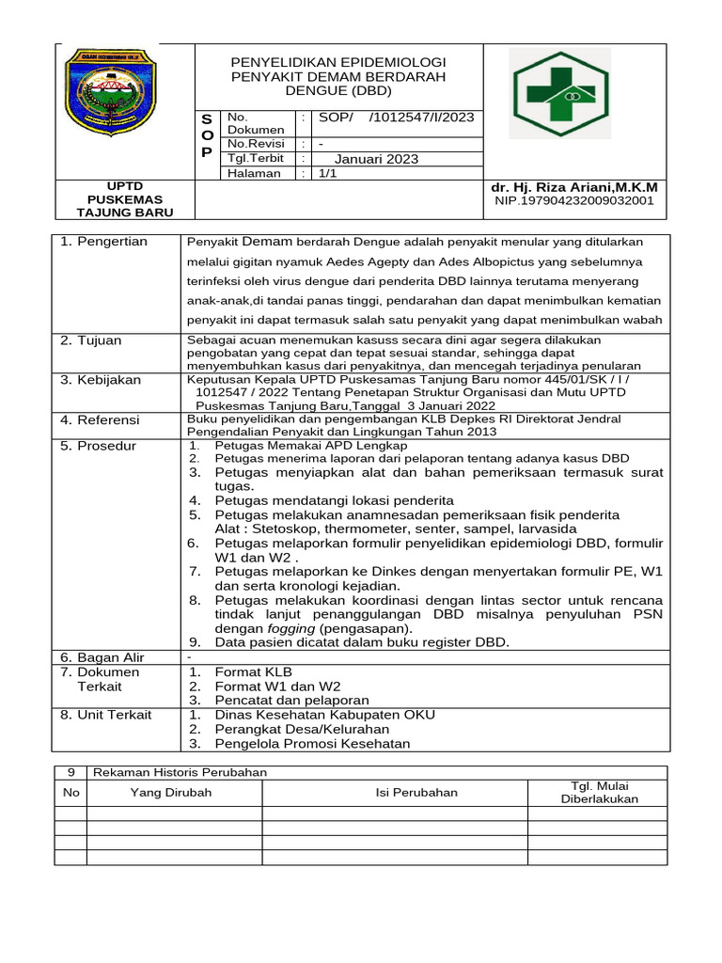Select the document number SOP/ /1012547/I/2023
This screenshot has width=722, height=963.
point(396,118)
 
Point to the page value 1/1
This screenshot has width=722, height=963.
point(328,173)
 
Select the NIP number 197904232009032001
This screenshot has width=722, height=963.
point(573,201)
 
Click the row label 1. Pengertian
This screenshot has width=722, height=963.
point(103,242)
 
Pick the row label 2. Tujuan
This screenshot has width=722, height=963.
point(91,340)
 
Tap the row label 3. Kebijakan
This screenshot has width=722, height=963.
point(101,380)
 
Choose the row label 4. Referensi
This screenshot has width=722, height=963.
point(100,419)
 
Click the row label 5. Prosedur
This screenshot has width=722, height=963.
point(98,446)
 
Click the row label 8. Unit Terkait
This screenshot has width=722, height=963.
point(105,715)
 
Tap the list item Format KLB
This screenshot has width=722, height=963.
point(254,672)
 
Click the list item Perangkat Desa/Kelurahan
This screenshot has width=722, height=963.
point(302,729)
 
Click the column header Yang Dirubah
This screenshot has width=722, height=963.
point(171,793)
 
